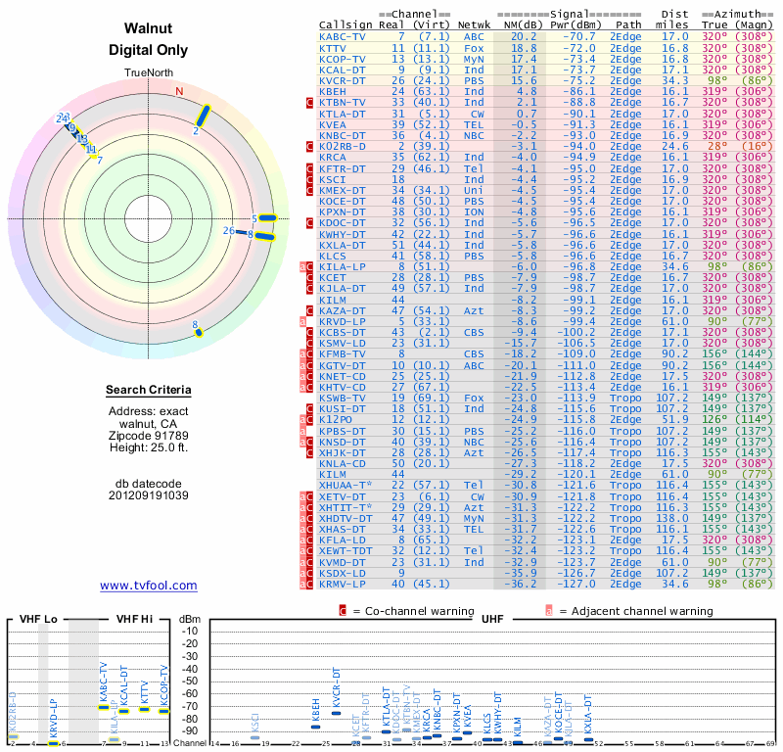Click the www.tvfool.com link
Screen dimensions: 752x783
point(149,586)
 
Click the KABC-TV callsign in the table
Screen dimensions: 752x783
point(343,36)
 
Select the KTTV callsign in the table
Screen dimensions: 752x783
point(333,47)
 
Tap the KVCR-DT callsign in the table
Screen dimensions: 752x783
point(343,80)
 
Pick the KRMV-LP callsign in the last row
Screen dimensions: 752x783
point(343,584)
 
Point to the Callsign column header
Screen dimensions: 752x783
point(347,23)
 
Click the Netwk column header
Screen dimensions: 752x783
point(475,23)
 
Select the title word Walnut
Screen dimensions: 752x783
point(149,28)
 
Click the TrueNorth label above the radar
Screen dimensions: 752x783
point(149,74)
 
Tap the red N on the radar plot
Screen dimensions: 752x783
point(179,92)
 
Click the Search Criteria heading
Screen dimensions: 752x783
point(149,391)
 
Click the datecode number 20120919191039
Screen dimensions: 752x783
point(149,495)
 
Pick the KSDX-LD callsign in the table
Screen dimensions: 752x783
point(343,573)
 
